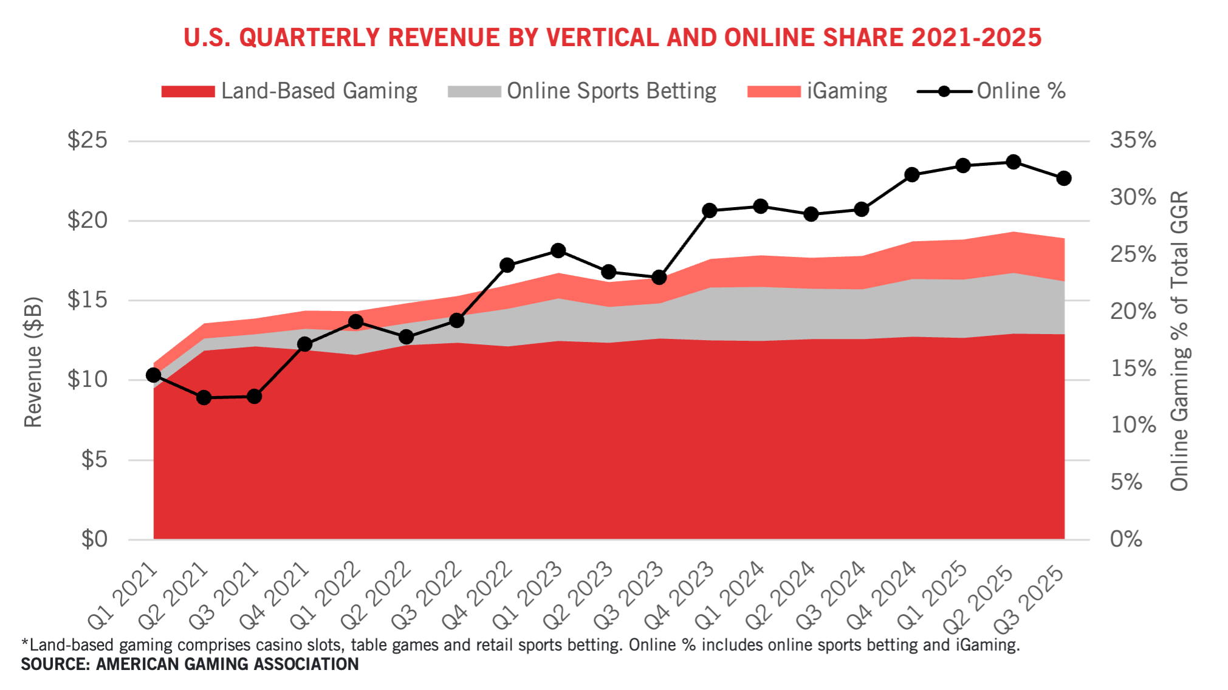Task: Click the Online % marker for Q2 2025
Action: click(x=1013, y=162)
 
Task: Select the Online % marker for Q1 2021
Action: click(x=154, y=375)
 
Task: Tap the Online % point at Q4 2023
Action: click(x=710, y=211)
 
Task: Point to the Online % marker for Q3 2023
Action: click(x=659, y=278)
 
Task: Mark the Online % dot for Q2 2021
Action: click(x=204, y=398)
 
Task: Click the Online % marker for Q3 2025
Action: click(x=1064, y=179)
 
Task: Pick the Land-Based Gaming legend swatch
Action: click(x=188, y=92)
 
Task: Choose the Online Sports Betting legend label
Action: click(x=611, y=91)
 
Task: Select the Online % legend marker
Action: click(x=944, y=92)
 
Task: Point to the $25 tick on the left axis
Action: click(x=87, y=140)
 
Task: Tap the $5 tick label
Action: click(x=94, y=460)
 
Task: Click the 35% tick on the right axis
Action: click(x=1133, y=140)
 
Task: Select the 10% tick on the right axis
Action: click(x=1133, y=425)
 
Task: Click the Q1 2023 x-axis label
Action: click(x=528, y=595)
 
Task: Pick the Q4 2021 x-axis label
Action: click(x=275, y=595)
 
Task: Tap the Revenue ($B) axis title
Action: click(x=33, y=362)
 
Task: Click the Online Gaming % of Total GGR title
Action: click(x=1179, y=341)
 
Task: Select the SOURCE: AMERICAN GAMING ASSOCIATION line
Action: click(x=190, y=664)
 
